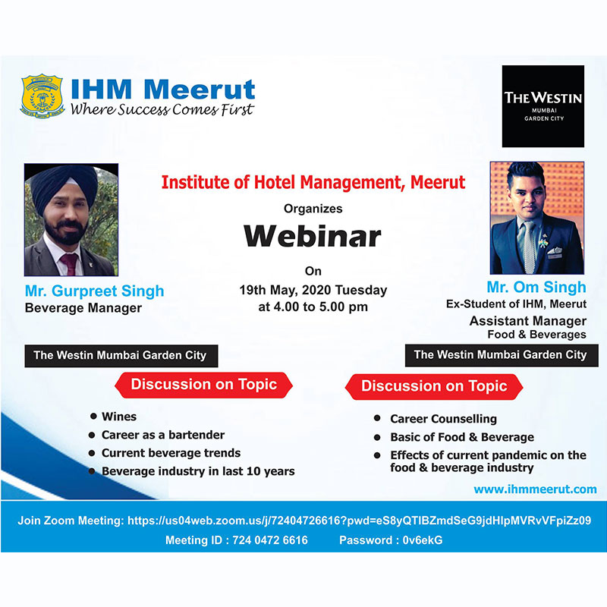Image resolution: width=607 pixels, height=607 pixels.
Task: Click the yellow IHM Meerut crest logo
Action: [42, 96]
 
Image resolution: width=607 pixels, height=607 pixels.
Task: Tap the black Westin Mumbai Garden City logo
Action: [543, 106]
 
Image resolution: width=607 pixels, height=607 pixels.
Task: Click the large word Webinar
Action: [313, 236]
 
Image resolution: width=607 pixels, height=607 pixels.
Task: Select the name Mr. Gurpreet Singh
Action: [94, 291]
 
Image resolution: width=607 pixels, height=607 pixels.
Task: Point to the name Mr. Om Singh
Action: [536, 287]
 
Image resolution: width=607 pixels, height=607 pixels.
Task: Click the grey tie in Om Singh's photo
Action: [528, 247]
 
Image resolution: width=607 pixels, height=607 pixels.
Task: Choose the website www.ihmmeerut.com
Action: [535, 489]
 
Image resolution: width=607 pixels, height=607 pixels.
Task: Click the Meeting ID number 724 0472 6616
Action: [270, 540]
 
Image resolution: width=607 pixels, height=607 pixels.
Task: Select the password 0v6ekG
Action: [423, 540]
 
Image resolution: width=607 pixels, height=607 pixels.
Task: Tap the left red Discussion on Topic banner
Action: [203, 385]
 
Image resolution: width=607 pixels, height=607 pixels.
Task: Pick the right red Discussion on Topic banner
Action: [434, 386]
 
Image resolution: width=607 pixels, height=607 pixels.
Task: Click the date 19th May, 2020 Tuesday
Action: [313, 290]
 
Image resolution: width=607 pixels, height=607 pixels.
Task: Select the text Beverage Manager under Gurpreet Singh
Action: [83, 308]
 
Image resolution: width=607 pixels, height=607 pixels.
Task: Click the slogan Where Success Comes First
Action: [162, 109]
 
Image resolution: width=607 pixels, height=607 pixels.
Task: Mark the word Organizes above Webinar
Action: [313, 209]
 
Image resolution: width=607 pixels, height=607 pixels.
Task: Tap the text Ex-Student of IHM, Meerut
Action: [516, 304]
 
